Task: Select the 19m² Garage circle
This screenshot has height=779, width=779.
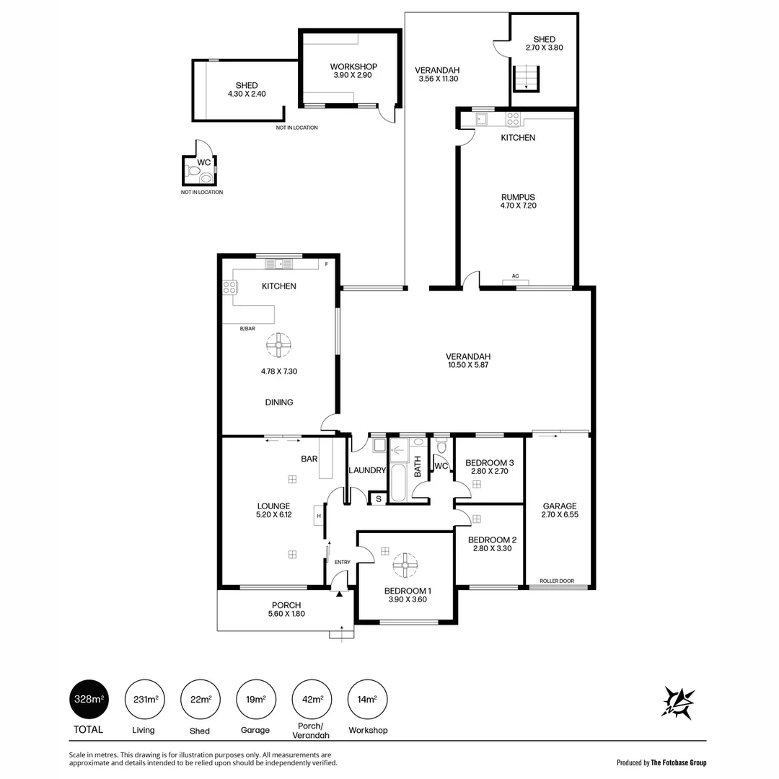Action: pos(255,699)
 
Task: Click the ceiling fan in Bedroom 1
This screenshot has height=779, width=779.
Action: pos(405,564)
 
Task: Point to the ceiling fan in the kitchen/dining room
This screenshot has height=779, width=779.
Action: pos(278,345)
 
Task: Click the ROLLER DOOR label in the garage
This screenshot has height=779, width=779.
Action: pos(557,580)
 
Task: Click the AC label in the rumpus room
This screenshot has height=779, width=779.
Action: pos(515,276)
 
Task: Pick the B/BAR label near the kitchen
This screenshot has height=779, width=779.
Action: pos(247,329)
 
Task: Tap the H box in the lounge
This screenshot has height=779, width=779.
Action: pos(318,516)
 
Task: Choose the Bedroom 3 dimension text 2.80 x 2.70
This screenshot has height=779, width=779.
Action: pos(490,472)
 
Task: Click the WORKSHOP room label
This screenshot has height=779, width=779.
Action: pos(353,66)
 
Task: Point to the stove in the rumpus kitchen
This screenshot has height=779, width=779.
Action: pos(514,119)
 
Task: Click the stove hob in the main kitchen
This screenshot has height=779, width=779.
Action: pos(230,287)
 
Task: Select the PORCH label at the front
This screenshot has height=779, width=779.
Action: pos(286,605)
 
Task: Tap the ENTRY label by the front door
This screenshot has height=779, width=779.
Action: pos(342,563)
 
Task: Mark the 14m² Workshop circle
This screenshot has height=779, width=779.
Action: pos(367,699)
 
